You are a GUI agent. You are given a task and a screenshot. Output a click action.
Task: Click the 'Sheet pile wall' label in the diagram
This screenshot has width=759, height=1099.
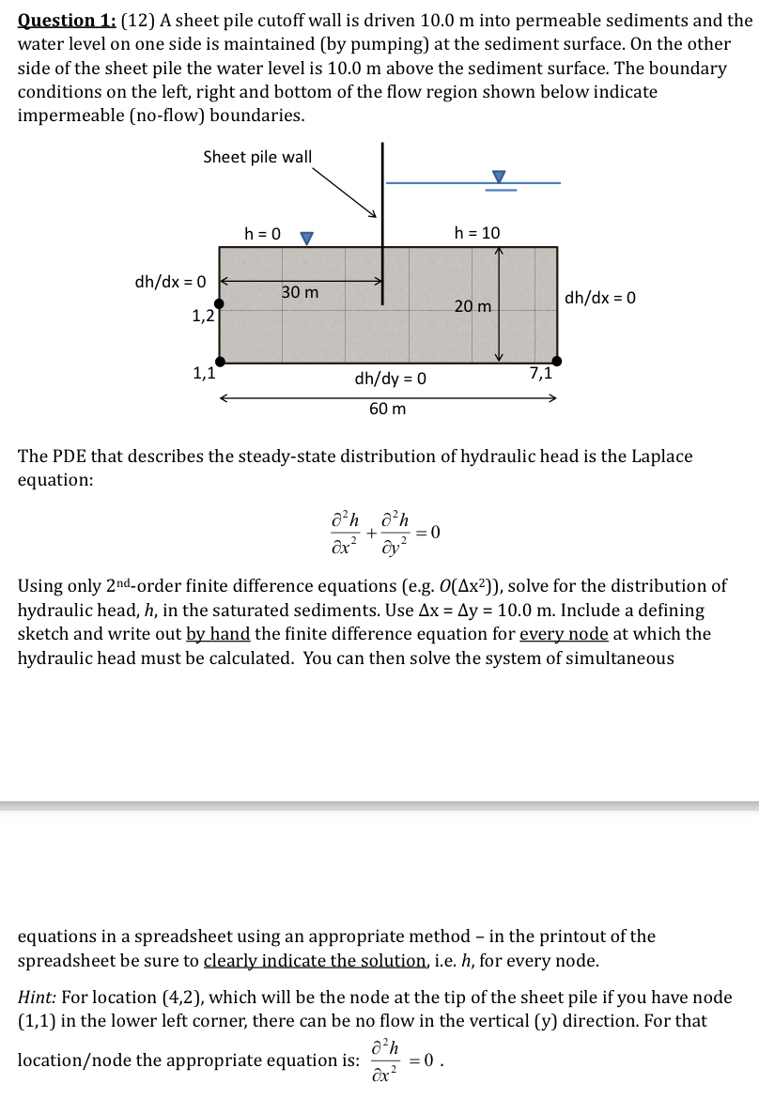click(x=257, y=157)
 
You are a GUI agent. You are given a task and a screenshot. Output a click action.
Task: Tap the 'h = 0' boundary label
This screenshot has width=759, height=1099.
click(x=262, y=233)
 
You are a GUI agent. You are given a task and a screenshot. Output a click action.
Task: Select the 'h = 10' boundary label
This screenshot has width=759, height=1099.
click(x=477, y=233)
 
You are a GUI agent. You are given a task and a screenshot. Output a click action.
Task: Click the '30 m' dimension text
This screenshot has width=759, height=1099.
click(x=301, y=293)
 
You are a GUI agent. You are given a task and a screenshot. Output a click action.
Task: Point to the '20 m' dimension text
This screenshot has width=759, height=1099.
click(x=472, y=306)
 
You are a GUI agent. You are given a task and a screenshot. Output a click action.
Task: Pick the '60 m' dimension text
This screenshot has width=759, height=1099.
click(x=387, y=409)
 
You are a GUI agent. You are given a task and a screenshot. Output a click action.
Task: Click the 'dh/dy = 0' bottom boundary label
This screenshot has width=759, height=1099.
click(x=390, y=379)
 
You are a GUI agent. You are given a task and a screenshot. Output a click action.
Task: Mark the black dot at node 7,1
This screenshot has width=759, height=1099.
click(x=557, y=361)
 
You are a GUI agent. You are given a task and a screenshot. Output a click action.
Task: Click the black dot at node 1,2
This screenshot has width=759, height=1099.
click(x=219, y=303)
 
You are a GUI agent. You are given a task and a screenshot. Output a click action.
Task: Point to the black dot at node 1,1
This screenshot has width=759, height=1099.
click(x=219, y=361)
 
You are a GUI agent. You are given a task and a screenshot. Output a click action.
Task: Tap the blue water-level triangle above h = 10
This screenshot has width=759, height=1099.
click(x=499, y=177)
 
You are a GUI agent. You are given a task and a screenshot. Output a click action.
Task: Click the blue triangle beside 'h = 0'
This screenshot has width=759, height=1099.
click(x=305, y=239)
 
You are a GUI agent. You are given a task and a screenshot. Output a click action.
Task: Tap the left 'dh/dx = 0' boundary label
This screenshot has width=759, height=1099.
click(x=169, y=280)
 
